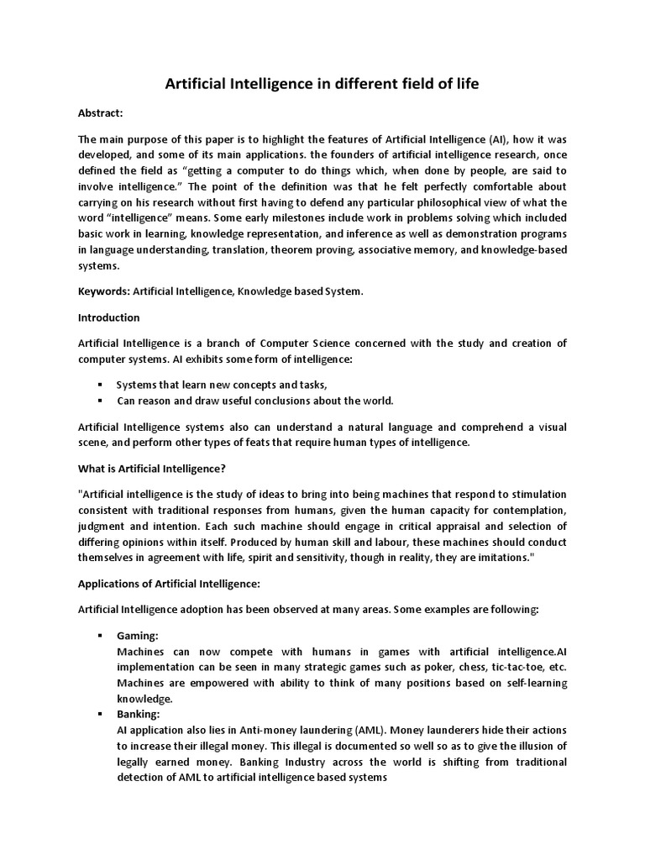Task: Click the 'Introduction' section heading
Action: pos(109,317)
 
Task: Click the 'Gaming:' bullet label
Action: pos(138,637)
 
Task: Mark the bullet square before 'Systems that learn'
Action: pos(100,385)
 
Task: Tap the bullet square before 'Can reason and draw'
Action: pos(100,400)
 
